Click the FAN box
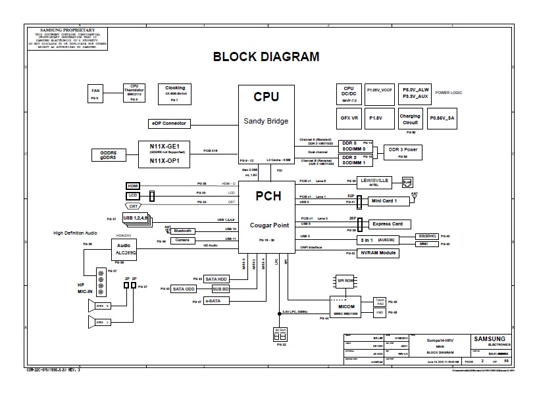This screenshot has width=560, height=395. click(x=95, y=93)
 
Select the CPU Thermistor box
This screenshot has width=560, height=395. click(x=134, y=93)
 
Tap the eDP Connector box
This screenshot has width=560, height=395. click(x=170, y=124)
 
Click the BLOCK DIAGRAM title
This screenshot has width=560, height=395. click(x=266, y=57)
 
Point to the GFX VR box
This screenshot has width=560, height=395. click(x=349, y=118)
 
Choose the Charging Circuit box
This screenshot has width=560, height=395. click(x=410, y=119)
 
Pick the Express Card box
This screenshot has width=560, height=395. click(x=388, y=223)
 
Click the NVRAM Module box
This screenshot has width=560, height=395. click(x=378, y=253)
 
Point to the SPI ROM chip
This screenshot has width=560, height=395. click(x=345, y=281)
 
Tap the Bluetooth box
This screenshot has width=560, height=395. click(x=184, y=231)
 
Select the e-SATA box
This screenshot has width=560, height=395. click(x=215, y=301)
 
